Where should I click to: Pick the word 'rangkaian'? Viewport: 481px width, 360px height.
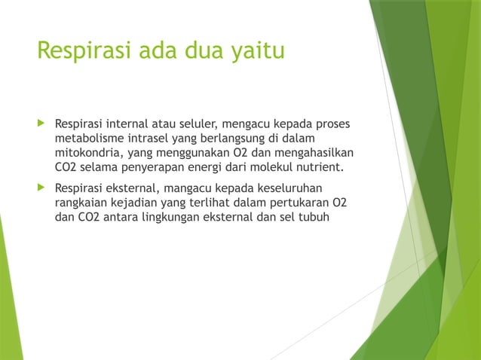tap(81, 202)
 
